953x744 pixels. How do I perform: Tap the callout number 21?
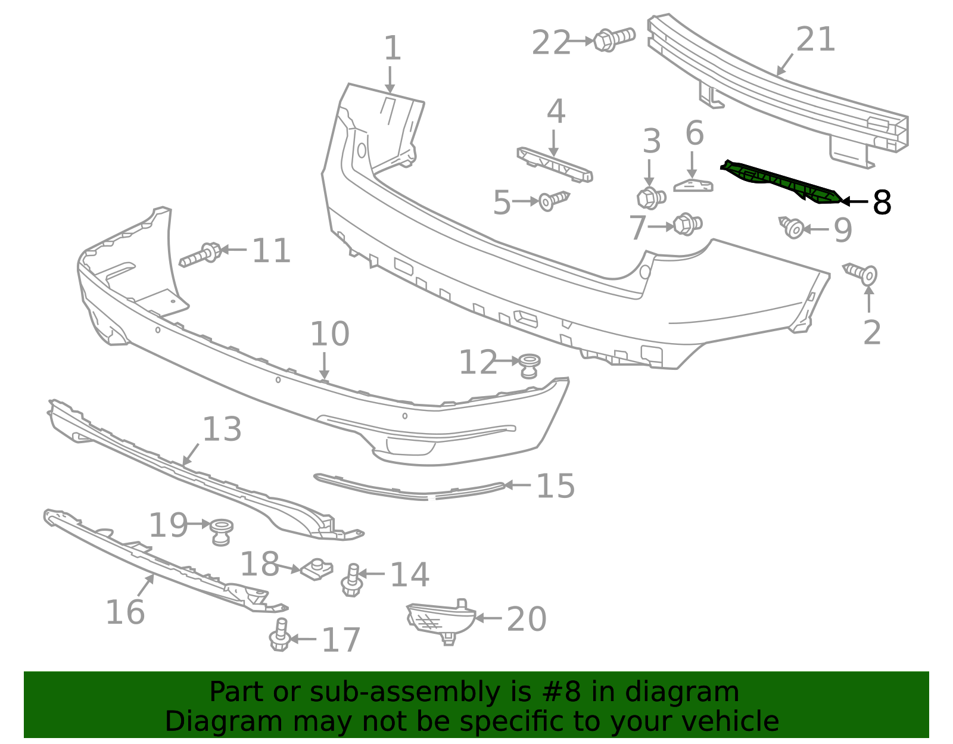[x=815, y=41]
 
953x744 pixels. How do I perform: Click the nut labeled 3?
[x=650, y=197]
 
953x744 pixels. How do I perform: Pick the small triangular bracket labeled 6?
[x=693, y=185]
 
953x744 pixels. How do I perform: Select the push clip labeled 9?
[x=792, y=227]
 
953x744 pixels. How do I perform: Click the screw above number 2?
[x=862, y=273]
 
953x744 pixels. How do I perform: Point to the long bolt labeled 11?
[x=201, y=255]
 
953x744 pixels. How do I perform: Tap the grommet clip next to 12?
[x=529, y=365]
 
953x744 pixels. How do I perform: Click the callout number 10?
[x=329, y=335]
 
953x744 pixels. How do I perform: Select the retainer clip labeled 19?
[x=222, y=531]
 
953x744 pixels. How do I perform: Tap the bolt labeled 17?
[x=280, y=636]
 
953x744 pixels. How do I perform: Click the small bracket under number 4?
[x=554, y=165]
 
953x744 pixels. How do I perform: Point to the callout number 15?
[x=555, y=486]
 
